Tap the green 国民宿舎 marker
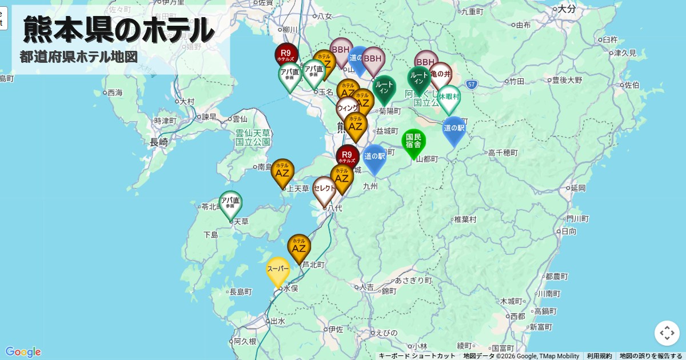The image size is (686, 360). [413, 142]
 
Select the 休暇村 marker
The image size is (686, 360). [449, 98]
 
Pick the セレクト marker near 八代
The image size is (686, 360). [324, 189]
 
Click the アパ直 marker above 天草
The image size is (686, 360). [230, 203]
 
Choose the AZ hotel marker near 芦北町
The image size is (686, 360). [299, 247]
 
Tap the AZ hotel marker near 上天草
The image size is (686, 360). [282, 171]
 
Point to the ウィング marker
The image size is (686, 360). [348, 107]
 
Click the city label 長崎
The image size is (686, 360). [159, 142]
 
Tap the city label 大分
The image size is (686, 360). [567, 9]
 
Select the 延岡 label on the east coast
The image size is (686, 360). [578, 188]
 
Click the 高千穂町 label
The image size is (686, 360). [503, 153]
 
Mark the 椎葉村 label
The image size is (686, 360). [465, 219]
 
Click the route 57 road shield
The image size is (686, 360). [471, 85]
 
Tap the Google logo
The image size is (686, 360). [23, 351]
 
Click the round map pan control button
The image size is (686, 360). [667, 333]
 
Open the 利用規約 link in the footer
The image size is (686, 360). [599, 356]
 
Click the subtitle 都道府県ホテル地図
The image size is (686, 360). [79, 57]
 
